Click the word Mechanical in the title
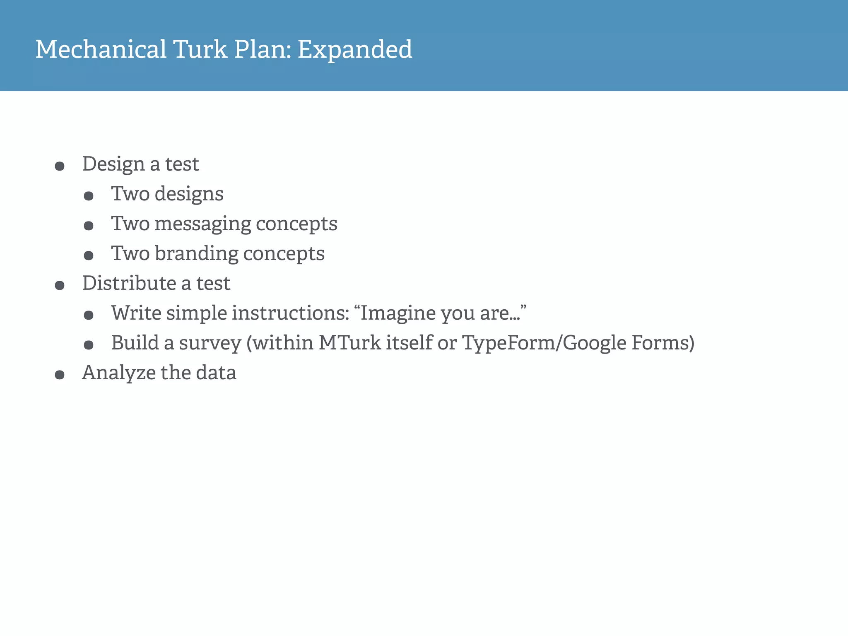click(101, 49)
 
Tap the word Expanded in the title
click(355, 49)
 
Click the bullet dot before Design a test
click(60, 166)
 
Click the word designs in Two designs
click(189, 194)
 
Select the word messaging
click(203, 224)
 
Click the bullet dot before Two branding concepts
click(89, 256)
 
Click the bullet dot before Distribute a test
click(60, 286)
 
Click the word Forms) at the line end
click(662, 343)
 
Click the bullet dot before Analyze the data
click(60, 375)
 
